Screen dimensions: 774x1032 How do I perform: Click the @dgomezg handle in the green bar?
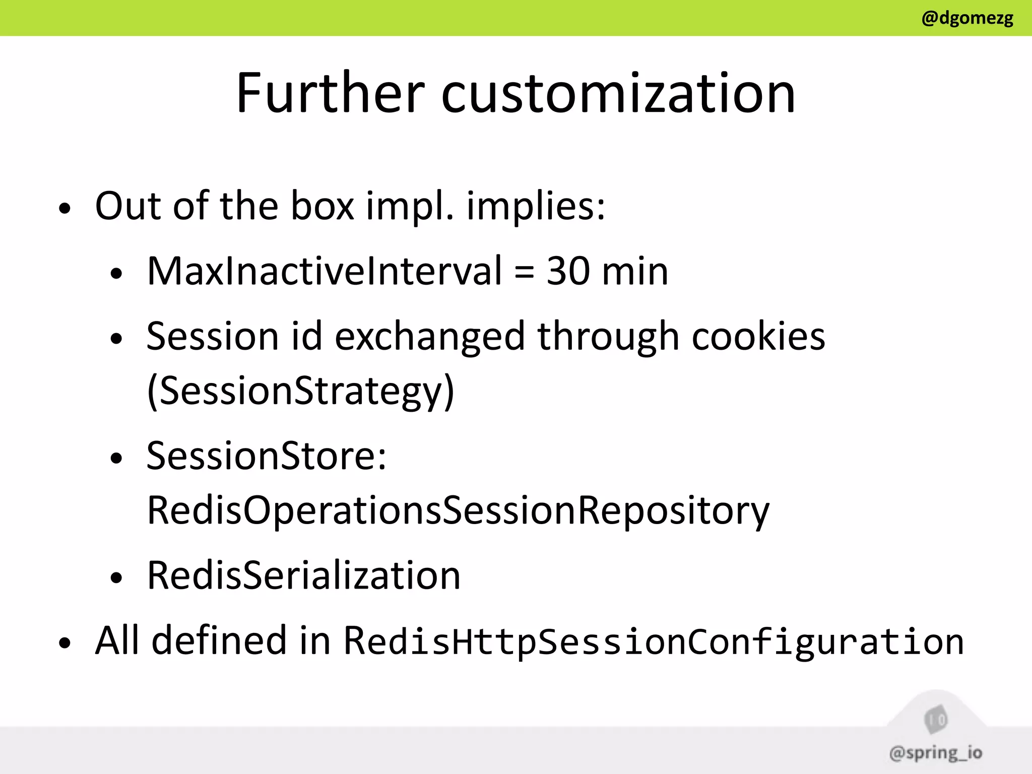click(x=967, y=19)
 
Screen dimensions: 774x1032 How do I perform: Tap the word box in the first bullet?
click(x=322, y=206)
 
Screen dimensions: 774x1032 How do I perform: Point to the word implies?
click(x=536, y=207)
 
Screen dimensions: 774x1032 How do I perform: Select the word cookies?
click(x=758, y=336)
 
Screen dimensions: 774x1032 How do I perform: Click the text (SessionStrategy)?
click(x=301, y=391)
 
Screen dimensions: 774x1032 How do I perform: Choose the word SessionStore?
click(x=267, y=456)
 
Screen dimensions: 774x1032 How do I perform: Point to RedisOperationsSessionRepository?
click(x=458, y=511)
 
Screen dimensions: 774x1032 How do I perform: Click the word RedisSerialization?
click(x=304, y=575)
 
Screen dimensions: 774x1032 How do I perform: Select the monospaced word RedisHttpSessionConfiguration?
click(x=654, y=641)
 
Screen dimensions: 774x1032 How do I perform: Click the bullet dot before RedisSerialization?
click(x=116, y=578)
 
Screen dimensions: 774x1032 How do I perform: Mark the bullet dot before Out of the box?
click(x=64, y=209)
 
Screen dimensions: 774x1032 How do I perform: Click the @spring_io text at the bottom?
click(x=936, y=753)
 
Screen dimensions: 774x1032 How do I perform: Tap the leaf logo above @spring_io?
click(x=936, y=719)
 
